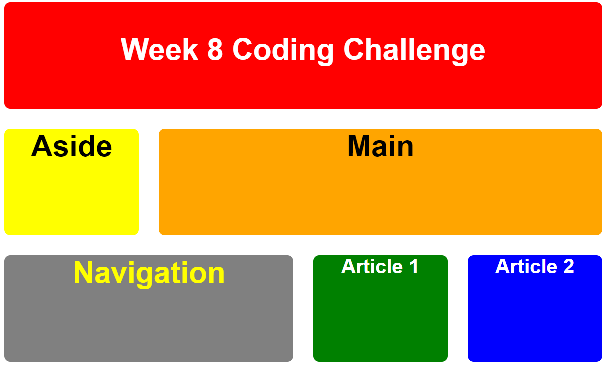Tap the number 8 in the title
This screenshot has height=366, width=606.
215,50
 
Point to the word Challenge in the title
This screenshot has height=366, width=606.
414,50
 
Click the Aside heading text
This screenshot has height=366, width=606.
71,146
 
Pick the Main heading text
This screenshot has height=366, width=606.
380,146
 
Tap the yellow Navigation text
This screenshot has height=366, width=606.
149,273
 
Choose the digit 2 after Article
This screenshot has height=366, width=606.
568,266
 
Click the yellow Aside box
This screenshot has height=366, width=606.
71,199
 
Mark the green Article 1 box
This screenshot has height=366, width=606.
380,319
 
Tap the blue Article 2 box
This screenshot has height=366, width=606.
534,319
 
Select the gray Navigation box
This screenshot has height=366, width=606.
149,324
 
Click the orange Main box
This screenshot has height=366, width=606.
380,199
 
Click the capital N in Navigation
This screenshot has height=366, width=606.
84,273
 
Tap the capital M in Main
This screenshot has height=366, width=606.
359,146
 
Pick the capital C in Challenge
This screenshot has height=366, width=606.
355,50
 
